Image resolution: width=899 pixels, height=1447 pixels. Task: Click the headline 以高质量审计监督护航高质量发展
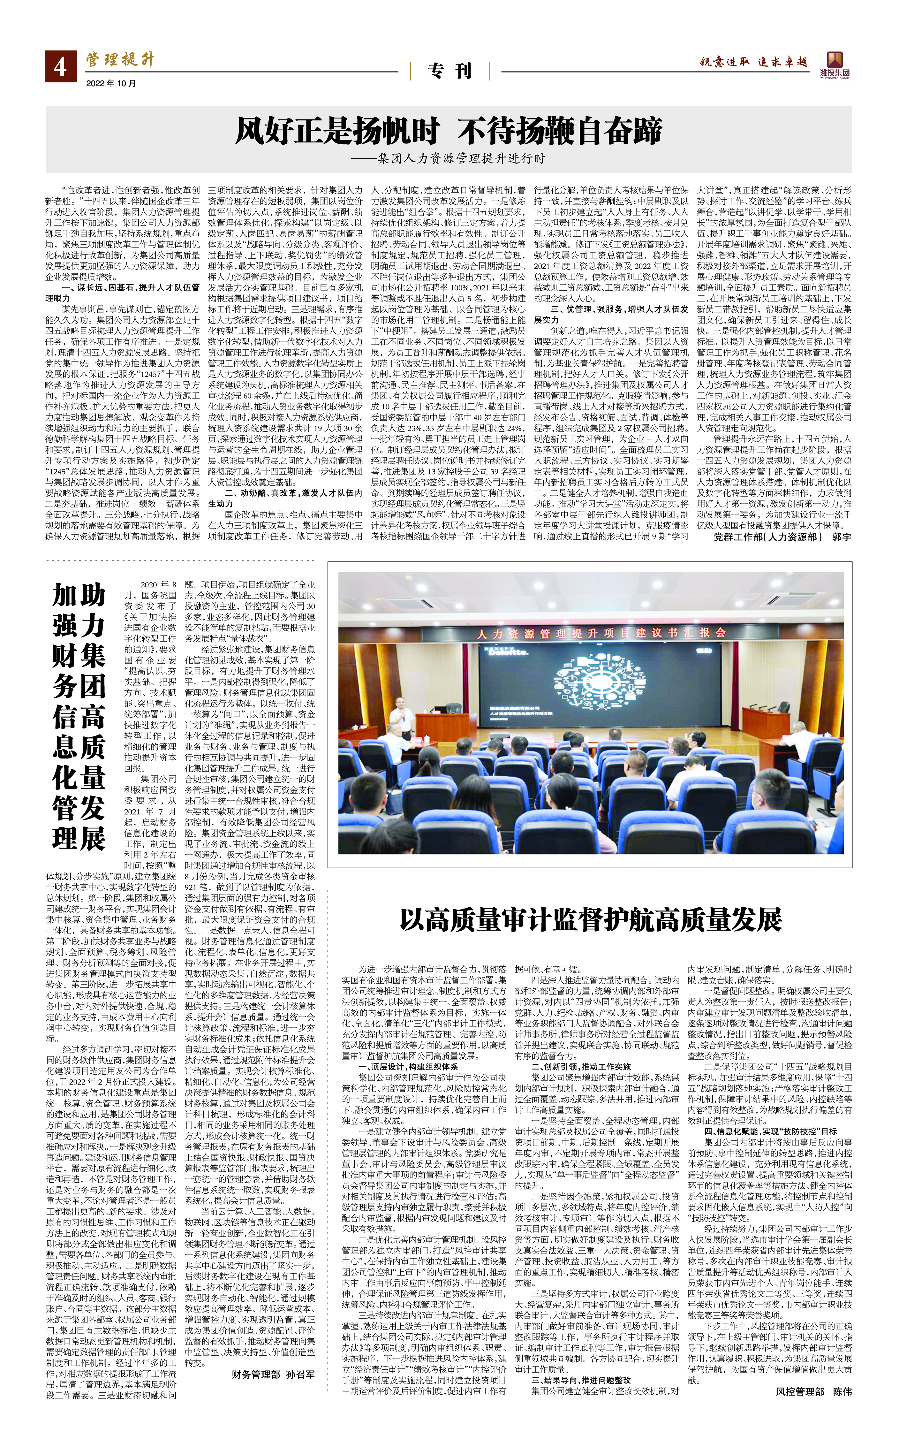(x=590, y=919)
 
